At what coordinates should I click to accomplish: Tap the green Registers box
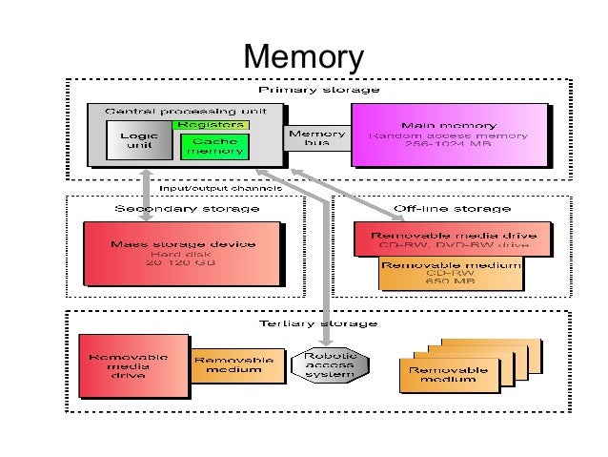click(210, 124)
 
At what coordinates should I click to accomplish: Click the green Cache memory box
click(213, 146)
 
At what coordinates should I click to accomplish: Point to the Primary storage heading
click(319, 89)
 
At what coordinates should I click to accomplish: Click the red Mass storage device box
click(182, 253)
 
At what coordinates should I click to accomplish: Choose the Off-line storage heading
click(452, 208)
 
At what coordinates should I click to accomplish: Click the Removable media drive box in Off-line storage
click(452, 239)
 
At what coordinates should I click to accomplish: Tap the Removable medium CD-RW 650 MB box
click(452, 273)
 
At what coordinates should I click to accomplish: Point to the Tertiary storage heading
click(318, 322)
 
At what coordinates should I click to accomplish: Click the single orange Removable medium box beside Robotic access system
click(238, 366)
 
